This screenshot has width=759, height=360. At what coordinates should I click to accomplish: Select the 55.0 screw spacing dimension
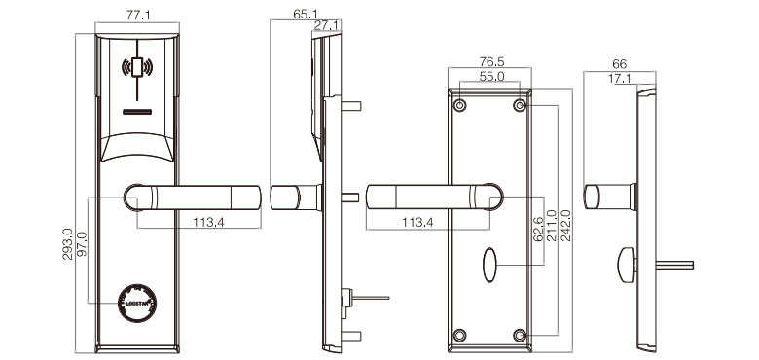[x=490, y=76]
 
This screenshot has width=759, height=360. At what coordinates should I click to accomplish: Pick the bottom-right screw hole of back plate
[x=521, y=334]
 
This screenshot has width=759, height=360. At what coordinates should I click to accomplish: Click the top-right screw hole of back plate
[x=521, y=103]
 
